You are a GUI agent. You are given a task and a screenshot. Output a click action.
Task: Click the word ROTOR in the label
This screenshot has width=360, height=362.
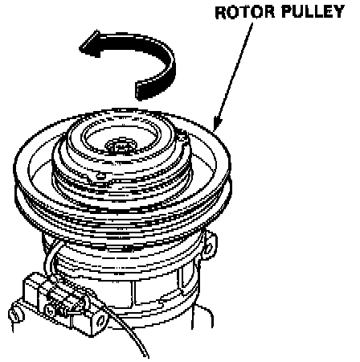tap(245, 12)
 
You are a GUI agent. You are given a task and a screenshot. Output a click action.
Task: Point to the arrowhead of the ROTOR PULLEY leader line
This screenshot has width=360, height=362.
tap(217, 122)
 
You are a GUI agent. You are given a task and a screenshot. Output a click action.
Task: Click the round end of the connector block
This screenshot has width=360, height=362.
tap(101, 321)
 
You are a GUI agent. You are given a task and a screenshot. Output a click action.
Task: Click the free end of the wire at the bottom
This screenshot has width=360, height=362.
tap(146, 356)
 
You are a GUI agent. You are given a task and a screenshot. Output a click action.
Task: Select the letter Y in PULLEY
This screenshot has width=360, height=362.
tap(339, 12)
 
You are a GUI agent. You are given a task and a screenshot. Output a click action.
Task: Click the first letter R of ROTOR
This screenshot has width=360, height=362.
tap(221, 13)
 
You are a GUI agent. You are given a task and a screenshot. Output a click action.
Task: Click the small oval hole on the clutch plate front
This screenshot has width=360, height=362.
tap(100, 176)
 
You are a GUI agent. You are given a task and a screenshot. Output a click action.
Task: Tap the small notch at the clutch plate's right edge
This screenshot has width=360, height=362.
tap(182, 138)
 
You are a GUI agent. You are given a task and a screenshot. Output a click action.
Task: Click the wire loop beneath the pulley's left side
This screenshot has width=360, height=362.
tap(50, 257)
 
